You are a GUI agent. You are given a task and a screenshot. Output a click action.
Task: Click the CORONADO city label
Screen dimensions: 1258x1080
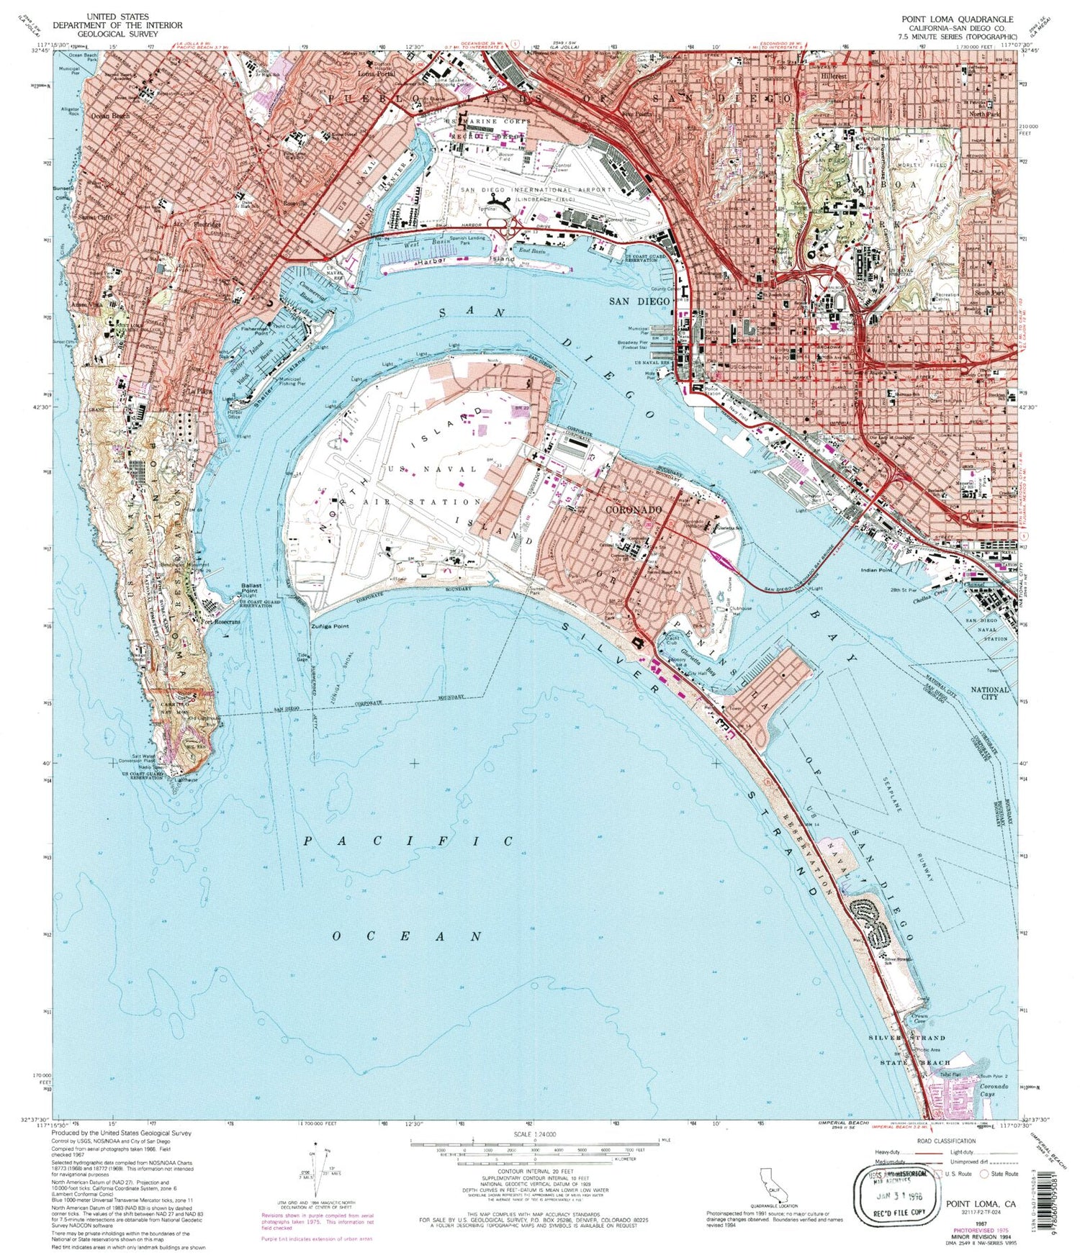[633, 510]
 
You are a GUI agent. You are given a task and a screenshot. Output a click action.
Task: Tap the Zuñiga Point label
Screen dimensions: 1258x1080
[330, 626]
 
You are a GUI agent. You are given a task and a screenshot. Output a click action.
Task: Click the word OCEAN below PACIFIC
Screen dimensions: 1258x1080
[407, 936]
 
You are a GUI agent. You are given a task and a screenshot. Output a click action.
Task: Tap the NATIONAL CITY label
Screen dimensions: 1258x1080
[990, 693]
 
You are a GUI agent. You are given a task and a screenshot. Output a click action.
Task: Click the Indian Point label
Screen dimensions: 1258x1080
[876, 570]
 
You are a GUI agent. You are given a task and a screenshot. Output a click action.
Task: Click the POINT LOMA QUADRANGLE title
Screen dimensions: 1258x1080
[957, 19]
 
